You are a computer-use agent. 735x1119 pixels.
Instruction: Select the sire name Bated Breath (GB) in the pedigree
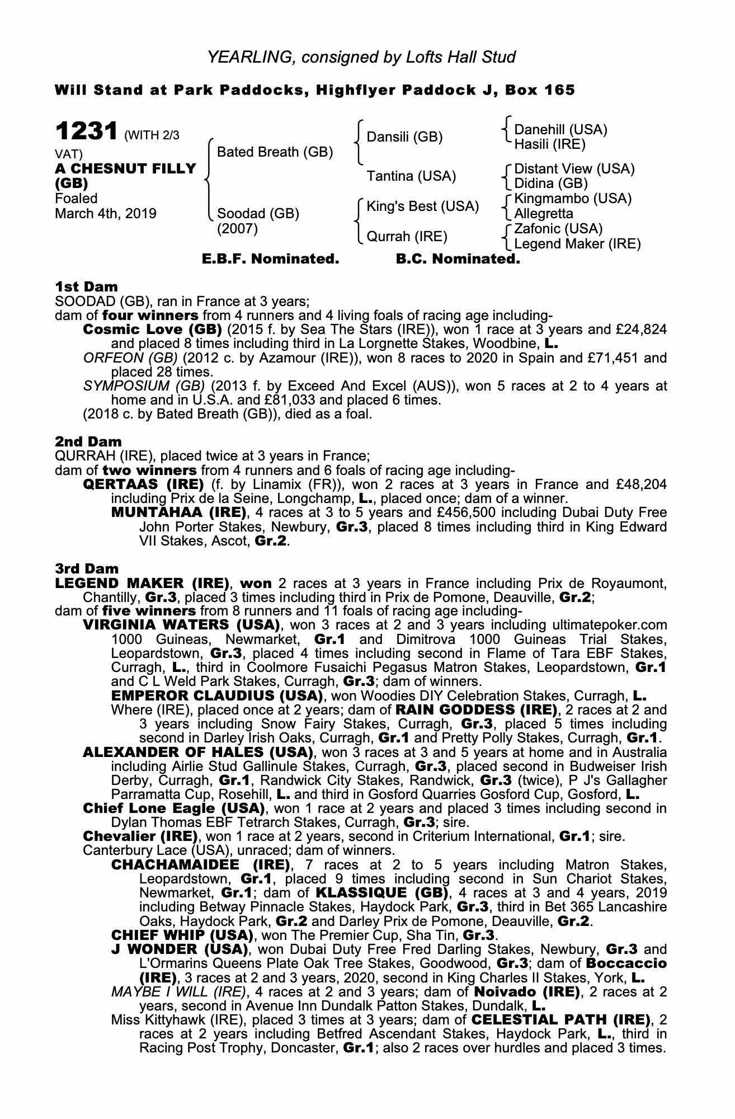click(x=275, y=152)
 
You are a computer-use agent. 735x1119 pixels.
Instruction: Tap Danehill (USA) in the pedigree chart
click(x=560, y=130)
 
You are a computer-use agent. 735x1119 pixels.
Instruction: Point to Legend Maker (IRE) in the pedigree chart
click(x=577, y=244)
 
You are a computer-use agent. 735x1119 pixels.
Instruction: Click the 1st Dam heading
click(x=86, y=287)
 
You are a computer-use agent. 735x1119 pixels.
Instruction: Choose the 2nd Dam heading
click(x=88, y=441)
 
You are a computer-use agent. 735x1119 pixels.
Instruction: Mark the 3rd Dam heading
click(x=87, y=569)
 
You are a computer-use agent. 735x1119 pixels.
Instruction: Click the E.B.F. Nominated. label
click(x=270, y=259)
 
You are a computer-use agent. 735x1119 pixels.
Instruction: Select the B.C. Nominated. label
click(x=458, y=259)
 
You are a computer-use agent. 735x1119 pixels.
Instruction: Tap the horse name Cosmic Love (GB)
click(x=152, y=329)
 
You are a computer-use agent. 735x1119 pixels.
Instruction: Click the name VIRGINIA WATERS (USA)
click(x=181, y=624)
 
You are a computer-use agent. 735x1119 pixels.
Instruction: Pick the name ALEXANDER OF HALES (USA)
click(x=197, y=752)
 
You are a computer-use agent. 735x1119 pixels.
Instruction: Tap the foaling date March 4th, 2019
click(x=106, y=214)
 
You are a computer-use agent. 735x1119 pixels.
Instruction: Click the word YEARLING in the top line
click(x=248, y=57)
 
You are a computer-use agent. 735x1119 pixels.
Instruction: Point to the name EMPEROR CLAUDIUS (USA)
click(x=217, y=696)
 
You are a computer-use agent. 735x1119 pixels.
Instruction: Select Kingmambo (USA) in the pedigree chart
click(x=573, y=199)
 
